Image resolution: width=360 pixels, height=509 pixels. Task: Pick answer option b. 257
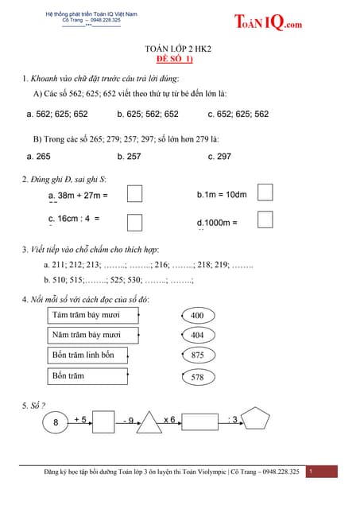click(x=129, y=157)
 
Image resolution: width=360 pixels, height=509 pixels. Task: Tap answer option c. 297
click(x=219, y=157)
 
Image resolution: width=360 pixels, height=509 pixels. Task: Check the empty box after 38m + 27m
click(x=135, y=193)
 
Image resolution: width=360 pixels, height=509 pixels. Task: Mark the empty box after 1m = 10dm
click(x=266, y=193)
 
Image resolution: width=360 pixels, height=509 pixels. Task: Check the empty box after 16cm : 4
click(x=135, y=220)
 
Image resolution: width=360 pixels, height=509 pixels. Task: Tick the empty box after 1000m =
click(x=266, y=219)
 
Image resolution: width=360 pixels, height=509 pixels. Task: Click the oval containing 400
click(x=198, y=316)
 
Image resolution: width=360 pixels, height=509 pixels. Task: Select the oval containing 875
click(x=198, y=356)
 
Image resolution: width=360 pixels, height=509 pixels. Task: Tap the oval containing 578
click(x=198, y=377)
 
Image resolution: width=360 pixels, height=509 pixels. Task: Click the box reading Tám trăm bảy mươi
click(x=87, y=316)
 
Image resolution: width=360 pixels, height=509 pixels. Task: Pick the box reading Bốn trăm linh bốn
click(x=87, y=355)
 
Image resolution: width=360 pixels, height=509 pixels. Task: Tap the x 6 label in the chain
click(x=170, y=419)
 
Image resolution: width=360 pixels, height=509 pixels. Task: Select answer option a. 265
click(x=38, y=157)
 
